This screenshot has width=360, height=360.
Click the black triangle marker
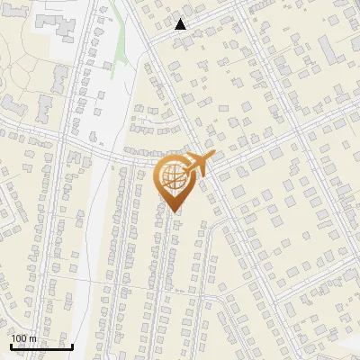(x=181, y=24)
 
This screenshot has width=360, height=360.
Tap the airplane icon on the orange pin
(x=199, y=165)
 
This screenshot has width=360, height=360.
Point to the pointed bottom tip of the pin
(x=174, y=212)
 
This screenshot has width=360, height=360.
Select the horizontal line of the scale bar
(x=41, y=346)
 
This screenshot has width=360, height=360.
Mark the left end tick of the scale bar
(x=11, y=345)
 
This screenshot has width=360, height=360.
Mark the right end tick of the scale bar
(x=72, y=345)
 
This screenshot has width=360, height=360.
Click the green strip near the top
(x=115, y=63)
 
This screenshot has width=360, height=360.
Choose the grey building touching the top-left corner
(x=4, y=4)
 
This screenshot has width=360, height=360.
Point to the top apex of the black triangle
(x=181, y=18)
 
